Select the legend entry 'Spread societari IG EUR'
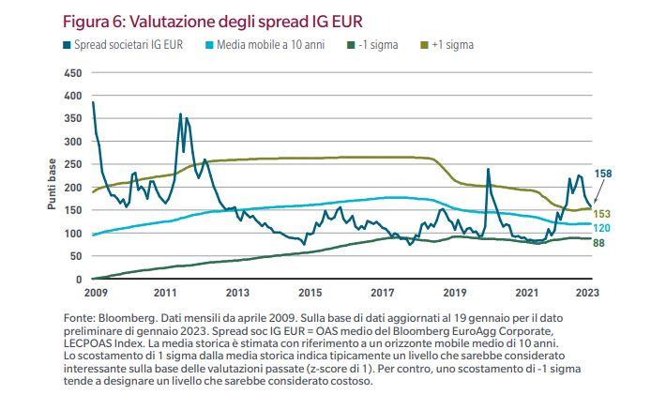click(123, 45)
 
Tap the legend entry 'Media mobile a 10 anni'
click(265, 45)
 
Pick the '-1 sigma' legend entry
click(372, 45)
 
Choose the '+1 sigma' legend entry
click(447, 45)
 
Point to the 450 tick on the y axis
click(73, 73)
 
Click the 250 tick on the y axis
click(73, 164)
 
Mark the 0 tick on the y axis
click(79, 280)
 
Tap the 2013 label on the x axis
click(237, 293)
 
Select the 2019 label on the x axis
click(455, 293)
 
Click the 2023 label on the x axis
click(587, 293)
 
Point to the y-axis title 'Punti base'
click(52, 184)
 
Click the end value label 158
click(603, 174)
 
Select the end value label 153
click(601, 214)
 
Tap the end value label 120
click(601, 228)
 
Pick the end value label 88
click(598, 243)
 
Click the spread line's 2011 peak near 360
click(180, 114)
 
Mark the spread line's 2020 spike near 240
click(488, 169)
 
